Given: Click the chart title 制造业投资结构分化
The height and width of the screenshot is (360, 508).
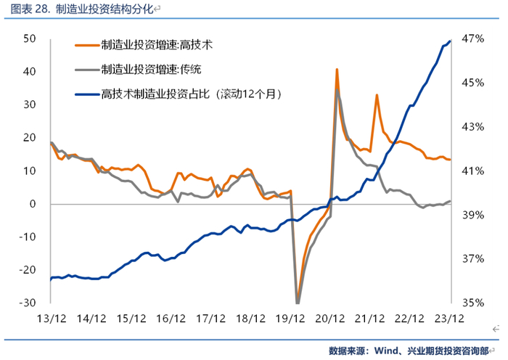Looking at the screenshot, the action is click(104, 9).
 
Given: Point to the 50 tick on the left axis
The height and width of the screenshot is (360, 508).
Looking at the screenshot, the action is click(29, 38).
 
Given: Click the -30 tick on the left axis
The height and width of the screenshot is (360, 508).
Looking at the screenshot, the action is click(28, 303).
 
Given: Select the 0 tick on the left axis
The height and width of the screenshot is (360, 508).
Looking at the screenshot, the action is click(33, 204).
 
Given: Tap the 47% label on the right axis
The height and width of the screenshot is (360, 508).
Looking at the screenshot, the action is click(473, 38).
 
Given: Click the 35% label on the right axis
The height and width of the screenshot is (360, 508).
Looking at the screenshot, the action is click(473, 303).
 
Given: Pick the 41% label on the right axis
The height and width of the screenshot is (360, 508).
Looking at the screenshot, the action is click(473, 171).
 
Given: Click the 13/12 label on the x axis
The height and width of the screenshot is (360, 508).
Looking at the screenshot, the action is click(52, 319).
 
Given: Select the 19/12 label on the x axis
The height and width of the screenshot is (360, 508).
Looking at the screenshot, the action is click(290, 319).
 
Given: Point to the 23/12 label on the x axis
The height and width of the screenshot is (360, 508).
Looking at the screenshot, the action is click(449, 319).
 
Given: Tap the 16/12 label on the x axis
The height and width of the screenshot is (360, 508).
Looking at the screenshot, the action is click(171, 319).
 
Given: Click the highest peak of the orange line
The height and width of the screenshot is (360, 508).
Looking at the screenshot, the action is click(337, 69).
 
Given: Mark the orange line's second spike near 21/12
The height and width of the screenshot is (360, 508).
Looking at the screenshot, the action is click(377, 95).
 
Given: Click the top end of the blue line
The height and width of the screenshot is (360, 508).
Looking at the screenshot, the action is click(450, 41).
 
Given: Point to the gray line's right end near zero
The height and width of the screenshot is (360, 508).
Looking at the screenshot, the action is click(450, 201).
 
